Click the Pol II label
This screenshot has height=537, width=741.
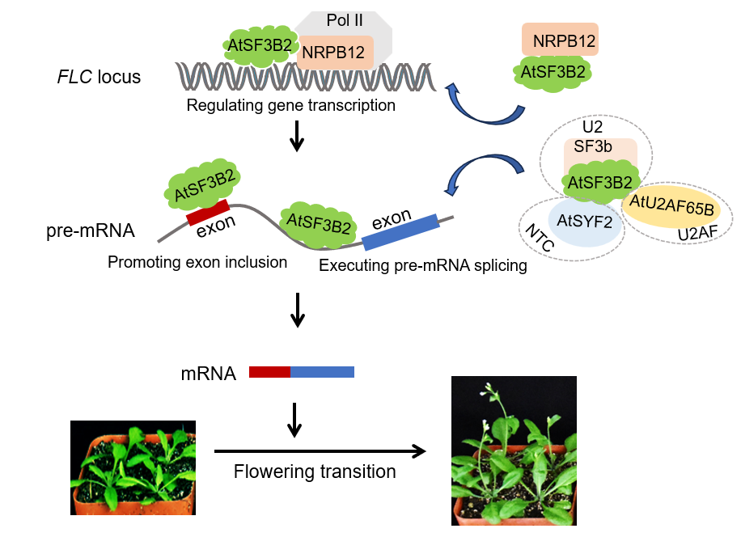(345, 20)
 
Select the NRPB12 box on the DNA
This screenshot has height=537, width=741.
(335, 52)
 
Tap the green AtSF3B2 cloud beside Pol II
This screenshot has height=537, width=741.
(260, 46)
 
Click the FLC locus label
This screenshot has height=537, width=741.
(99, 77)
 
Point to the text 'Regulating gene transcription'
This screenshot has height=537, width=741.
(290, 105)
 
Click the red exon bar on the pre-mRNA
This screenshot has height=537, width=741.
(208, 213)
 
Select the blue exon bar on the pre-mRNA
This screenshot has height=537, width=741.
(400, 232)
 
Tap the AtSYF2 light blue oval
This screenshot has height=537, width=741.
(585, 222)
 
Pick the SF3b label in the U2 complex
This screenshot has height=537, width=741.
(593, 146)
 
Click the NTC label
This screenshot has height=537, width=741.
(540, 237)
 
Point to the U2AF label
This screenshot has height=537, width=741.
(697, 233)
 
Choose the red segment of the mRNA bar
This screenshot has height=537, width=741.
(270, 372)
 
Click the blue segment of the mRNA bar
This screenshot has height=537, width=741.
(322, 372)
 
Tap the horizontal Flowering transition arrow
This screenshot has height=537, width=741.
(320, 451)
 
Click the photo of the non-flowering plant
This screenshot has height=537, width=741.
(133, 467)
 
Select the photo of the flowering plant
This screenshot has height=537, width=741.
(514, 450)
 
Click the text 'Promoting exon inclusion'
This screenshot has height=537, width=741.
(197, 262)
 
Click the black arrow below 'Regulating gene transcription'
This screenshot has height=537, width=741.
(297, 136)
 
